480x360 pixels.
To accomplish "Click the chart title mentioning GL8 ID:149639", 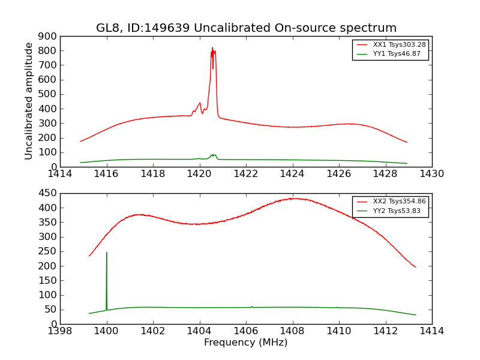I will pyautogui.click(x=246, y=28).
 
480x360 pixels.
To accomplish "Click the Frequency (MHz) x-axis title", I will pyautogui.click(x=245, y=343).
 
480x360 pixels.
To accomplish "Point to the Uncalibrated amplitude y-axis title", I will pyautogui.click(x=29, y=101).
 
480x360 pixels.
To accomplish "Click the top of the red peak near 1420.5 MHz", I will pyautogui.click(x=212, y=48).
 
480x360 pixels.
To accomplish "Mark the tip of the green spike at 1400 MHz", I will pyautogui.click(x=107, y=253).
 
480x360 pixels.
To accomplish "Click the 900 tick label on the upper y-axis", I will pyautogui.click(x=49, y=36).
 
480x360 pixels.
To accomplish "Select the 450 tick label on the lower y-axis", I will pyautogui.click(x=49, y=193).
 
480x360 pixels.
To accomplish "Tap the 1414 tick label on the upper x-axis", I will pyautogui.click(x=60, y=174).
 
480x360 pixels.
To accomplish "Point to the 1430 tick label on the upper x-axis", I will pyautogui.click(x=431, y=174).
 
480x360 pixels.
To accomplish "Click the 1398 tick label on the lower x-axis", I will pyautogui.click(x=60, y=331).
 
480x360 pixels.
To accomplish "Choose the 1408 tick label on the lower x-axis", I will pyautogui.click(x=292, y=331).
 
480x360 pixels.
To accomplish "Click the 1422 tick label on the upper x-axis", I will pyautogui.click(x=246, y=174).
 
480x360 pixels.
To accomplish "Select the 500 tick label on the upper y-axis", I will pyautogui.click(x=49, y=94).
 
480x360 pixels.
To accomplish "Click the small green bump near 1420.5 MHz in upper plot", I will pyautogui.click(x=213, y=155).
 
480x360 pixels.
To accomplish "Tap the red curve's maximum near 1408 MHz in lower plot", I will pyautogui.click(x=293, y=198).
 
